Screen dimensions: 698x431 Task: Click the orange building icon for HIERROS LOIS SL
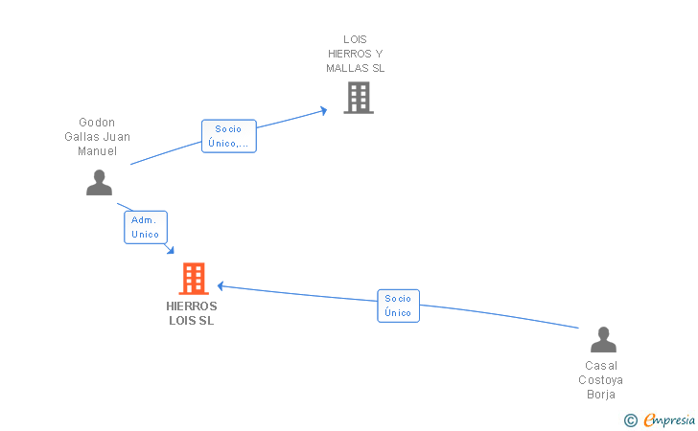194,279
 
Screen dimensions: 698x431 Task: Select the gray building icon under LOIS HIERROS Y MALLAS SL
359,98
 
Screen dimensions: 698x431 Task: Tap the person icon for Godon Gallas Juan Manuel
100,182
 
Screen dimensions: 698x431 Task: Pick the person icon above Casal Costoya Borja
603,339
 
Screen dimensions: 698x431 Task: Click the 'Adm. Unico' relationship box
146,227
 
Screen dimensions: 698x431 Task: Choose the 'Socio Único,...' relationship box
229,136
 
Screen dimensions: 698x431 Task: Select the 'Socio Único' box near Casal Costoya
399,306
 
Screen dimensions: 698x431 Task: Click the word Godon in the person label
97,123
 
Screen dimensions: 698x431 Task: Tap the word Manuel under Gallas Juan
98,151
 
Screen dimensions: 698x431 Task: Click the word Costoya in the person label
600,380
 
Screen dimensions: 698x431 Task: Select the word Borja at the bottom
601,395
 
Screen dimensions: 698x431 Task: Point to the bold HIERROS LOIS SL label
192,313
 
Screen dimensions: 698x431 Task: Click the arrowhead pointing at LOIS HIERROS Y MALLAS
324,111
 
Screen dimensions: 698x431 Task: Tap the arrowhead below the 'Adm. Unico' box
170,250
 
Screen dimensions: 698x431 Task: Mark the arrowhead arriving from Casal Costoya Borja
221,286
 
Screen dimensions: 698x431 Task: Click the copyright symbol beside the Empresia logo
630,420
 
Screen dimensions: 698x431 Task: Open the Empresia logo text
669,420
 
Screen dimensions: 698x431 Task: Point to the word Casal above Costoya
601,366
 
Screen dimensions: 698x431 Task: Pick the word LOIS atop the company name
355,39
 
